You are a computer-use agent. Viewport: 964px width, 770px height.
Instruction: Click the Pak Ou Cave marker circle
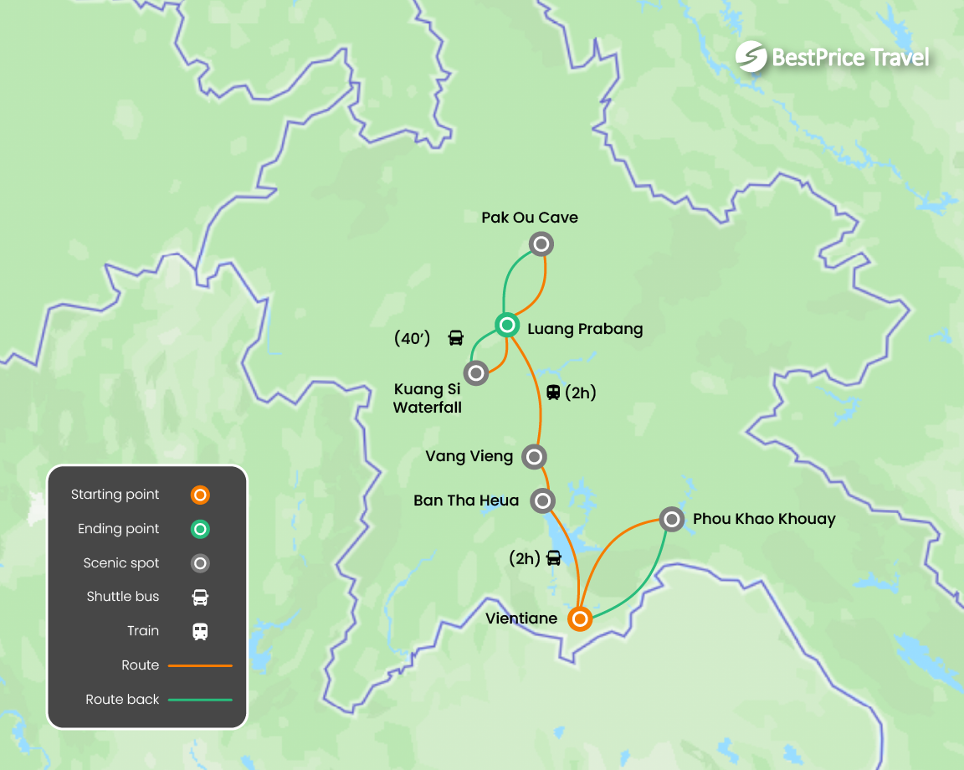pyautogui.click(x=541, y=244)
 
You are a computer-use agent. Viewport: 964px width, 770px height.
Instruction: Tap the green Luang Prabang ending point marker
pyautogui.click(x=507, y=325)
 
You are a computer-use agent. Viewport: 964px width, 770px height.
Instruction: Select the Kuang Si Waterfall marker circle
pyautogui.click(x=476, y=372)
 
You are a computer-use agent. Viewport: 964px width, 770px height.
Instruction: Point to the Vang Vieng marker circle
pyautogui.click(x=534, y=456)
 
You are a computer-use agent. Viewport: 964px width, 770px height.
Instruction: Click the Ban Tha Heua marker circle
pyautogui.click(x=543, y=501)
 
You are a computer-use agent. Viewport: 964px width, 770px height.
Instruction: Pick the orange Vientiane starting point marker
pyautogui.click(x=580, y=619)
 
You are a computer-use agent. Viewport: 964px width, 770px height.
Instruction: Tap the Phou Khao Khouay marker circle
pyautogui.click(x=671, y=519)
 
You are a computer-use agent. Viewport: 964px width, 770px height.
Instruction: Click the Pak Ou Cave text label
pyautogui.click(x=530, y=218)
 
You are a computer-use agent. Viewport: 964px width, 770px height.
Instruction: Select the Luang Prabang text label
pyautogui.click(x=585, y=329)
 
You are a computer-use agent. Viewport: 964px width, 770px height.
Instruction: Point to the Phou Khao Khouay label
pyautogui.click(x=764, y=519)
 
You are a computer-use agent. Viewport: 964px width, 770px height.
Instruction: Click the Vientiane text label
pyautogui.click(x=521, y=619)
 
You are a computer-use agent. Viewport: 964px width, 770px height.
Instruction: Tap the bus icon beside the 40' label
pyautogui.click(x=455, y=338)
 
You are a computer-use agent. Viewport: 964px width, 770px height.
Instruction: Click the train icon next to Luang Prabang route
pyautogui.click(x=553, y=392)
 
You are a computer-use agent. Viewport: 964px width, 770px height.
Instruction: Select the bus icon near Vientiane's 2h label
pyautogui.click(x=553, y=557)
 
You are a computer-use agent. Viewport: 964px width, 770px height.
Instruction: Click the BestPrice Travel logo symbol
pyautogui.click(x=751, y=57)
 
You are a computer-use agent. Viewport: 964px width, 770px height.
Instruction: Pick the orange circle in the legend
pyautogui.click(x=199, y=495)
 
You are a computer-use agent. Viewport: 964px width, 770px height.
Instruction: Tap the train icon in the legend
pyautogui.click(x=199, y=631)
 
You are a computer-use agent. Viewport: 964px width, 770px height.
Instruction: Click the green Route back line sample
pyautogui.click(x=200, y=700)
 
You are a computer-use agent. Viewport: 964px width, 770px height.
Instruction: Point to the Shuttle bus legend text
pyautogui.click(x=122, y=597)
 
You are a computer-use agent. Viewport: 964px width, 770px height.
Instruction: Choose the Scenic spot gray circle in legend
pyautogui.click(x=199, y=563)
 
